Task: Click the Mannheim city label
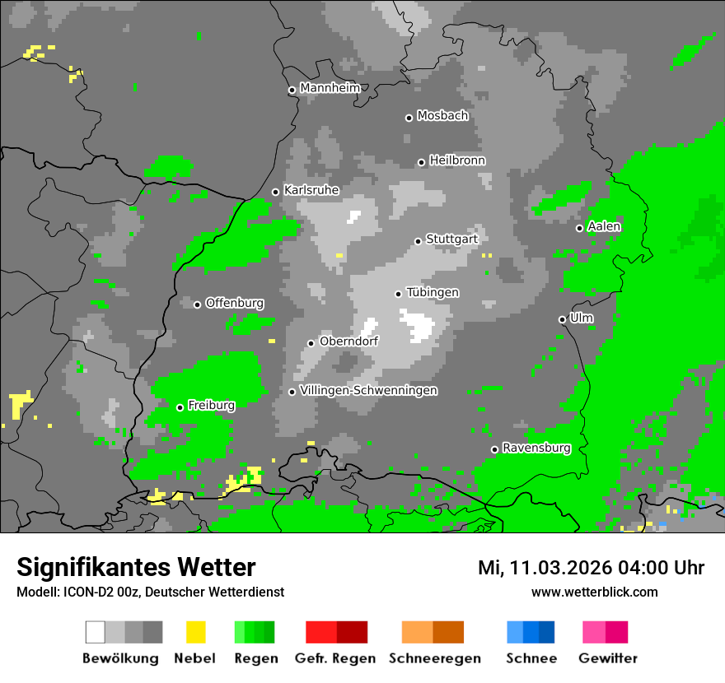330,88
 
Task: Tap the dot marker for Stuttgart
418,241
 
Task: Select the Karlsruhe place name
311,190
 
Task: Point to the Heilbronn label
457,160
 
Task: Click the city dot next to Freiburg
180,407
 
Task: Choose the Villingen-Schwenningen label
368,390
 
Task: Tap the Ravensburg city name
536,448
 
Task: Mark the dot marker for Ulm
562,319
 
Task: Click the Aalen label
604,226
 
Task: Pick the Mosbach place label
442,116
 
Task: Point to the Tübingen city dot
398,294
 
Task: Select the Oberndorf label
348,341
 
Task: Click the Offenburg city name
235,303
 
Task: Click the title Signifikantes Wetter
136,568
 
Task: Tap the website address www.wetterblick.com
594,592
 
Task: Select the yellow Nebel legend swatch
195,632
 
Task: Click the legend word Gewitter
608,658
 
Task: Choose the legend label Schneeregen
435,658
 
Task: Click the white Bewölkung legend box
96,632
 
